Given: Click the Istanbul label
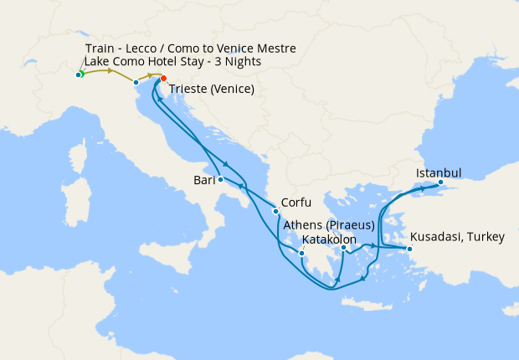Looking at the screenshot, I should (439, 173).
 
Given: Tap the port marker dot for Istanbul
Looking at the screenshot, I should (441, 182).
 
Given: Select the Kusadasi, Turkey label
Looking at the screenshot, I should (457, 237).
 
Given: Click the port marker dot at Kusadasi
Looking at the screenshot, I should (410, 249).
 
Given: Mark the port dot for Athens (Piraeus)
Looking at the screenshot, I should (344, 248).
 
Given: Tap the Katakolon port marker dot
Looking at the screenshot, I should (302, 253).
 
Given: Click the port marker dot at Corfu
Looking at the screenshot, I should (276, 210).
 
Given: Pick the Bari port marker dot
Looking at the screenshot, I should (220, 179).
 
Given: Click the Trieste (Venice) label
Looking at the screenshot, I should (212, 90).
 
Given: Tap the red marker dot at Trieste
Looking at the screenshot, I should (164, 80).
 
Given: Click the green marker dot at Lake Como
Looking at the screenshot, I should (80, 75).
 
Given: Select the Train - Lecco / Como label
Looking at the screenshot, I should (190, 49).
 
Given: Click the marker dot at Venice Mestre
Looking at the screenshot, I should (136, 82).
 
